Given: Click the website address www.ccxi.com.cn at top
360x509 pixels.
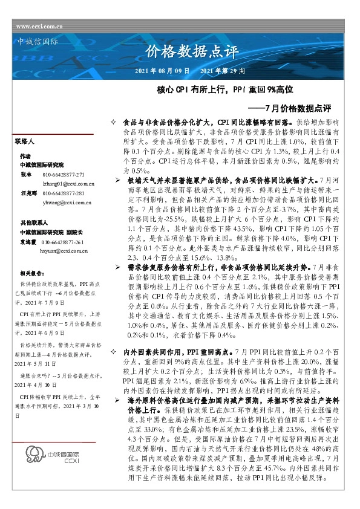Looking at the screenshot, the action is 40,27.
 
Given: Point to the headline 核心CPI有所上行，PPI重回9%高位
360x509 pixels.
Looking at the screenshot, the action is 225,89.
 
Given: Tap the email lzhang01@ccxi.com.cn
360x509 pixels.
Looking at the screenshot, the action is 66,182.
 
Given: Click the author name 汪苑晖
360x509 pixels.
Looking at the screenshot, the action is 27,193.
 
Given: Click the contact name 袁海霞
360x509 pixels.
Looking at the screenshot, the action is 27,242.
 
